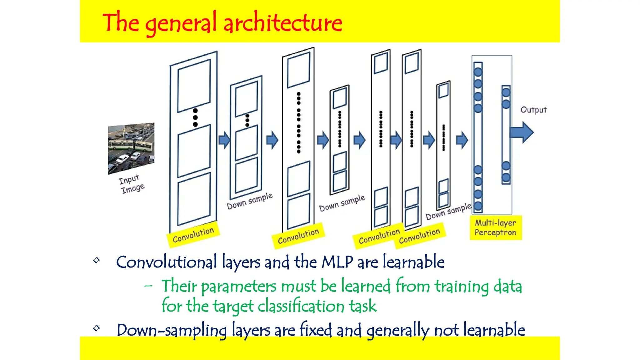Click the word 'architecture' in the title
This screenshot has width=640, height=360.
tap(283, 22)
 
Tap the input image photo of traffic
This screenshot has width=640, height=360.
tap(131, 148)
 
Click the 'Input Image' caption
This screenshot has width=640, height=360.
tap(132, 184)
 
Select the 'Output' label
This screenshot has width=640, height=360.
tap(533, 110)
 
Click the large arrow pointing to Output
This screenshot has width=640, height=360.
tap(522, 132)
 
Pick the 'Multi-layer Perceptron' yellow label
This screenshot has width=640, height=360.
tap(496, 227)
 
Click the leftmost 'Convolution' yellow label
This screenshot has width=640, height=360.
tap(193, 235)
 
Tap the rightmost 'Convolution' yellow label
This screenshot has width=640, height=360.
tap(419, 236)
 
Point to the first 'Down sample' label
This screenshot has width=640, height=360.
tap(249, 201)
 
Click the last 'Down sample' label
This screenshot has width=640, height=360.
tap(448, 212)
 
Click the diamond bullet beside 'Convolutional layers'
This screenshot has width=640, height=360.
tap(97, 260)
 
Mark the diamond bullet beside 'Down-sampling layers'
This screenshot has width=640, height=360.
tap(97, 328)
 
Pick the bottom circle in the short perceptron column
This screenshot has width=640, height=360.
tap(506, 177)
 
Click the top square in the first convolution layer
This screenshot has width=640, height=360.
tap(194, 86)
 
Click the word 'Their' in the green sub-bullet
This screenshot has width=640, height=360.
tap(179, 286)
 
